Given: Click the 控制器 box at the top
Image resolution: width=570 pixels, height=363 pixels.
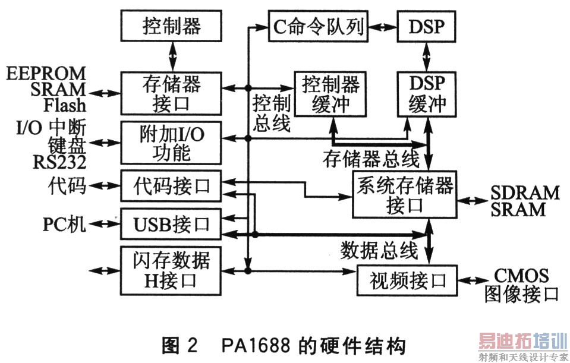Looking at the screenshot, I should (x=172, y=27).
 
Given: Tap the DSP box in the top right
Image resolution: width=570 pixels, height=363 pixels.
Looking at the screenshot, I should (x=426, y=27).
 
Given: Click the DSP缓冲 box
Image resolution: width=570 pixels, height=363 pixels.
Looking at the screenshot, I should (x=427, y=94).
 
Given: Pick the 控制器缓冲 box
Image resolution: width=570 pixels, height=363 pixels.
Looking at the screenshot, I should (x=331, y=94).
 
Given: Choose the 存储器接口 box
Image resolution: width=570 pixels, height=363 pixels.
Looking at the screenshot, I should (x=172, y=93).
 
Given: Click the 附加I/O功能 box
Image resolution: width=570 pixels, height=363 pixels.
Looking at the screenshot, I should (x=172, y=143).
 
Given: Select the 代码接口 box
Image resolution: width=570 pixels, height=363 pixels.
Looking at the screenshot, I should (x=172, y=186).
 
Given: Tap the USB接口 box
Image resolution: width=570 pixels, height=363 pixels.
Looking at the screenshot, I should (x=172, y=225).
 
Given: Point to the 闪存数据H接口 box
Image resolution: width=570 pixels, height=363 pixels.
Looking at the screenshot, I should (x=172, y=269).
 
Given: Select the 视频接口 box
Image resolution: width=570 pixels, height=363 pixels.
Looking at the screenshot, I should (x=409, y=278).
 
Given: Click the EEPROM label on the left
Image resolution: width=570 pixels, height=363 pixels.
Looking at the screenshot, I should (x=46, y=74).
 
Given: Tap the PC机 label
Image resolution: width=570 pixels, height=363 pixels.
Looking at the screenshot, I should (x=64, y=225).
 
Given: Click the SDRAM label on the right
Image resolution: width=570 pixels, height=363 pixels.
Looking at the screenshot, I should (x=525, y=193).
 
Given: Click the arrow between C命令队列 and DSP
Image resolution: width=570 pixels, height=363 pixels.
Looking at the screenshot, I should (x=385, y=27).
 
